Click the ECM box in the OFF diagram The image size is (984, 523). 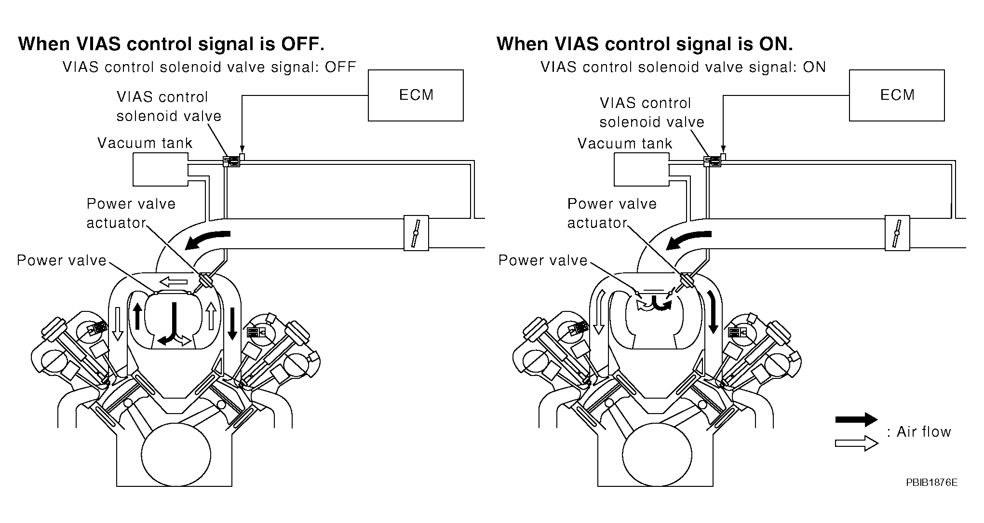tap(416, 95)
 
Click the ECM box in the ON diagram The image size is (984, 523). tap(896, 95)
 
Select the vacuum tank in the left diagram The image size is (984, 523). tap(160, 169)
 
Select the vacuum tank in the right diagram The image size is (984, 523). tap(641, 169)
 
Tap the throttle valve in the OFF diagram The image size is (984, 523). tap(416, 233)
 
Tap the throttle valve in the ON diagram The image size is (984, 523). tap(897, 233)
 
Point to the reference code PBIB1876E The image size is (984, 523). tap(931, 483)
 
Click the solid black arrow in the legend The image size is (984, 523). tap(856, 419)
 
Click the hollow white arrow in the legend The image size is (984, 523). tap(856, 443)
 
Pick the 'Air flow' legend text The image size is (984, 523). tap(923, 432)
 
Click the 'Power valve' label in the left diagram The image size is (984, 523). tap(61, 260)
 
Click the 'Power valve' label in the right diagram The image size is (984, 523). tap(543, 260)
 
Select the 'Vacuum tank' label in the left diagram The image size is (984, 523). tap(145, 143)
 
